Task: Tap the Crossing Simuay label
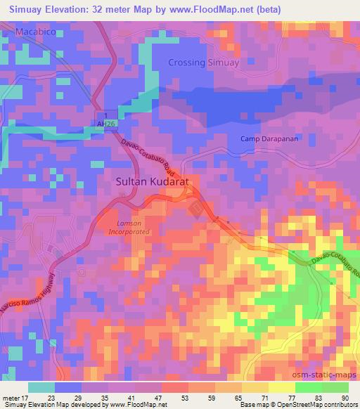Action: coord(204,63)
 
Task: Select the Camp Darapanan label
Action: coord(266,138)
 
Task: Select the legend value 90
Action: coord(345,397)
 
